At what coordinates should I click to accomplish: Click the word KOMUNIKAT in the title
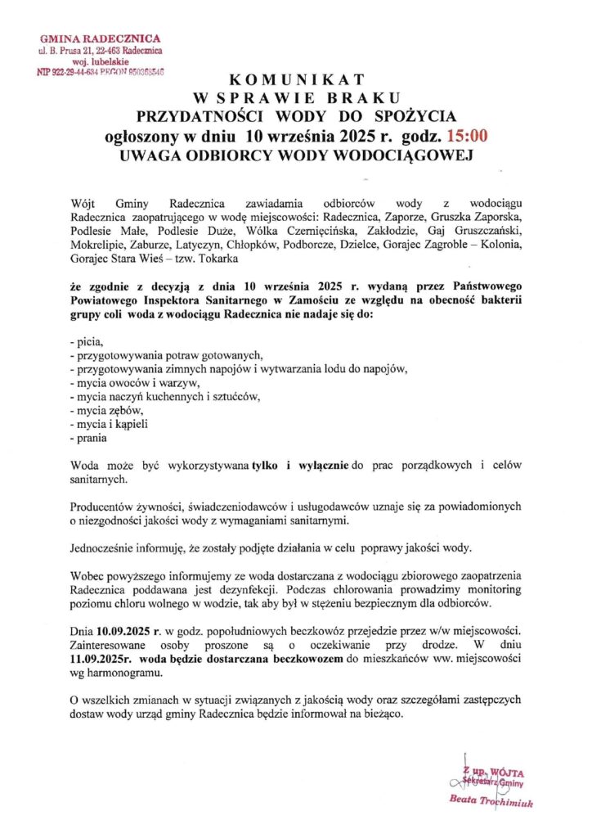295,80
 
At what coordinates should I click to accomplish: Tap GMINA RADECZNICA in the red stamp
101,38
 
